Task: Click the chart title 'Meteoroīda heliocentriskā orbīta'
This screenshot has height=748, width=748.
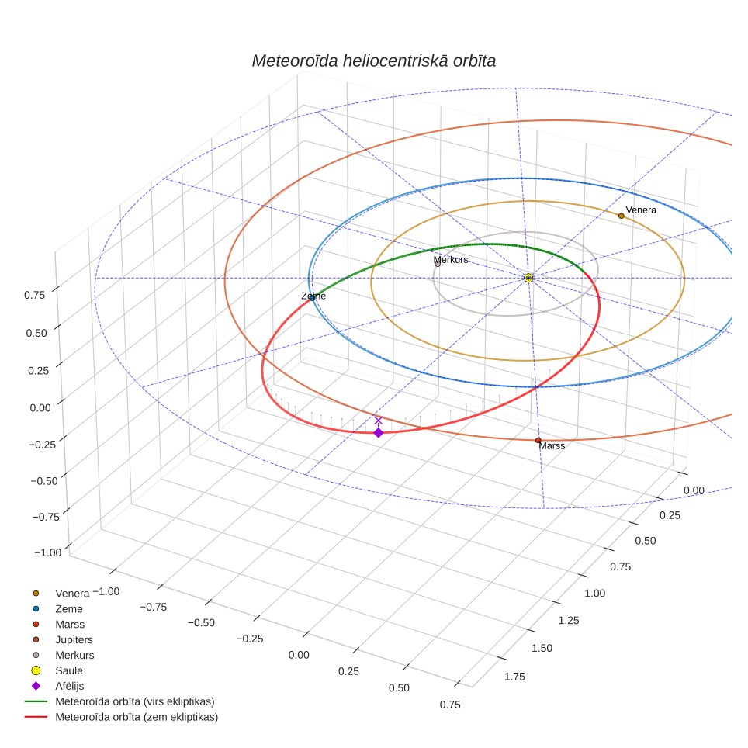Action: (x=373, y=61)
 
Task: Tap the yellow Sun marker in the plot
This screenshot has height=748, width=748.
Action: (x=528, y=278)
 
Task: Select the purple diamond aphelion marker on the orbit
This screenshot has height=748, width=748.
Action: (x=379, y=433)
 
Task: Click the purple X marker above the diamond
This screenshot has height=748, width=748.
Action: (x=379, y=421)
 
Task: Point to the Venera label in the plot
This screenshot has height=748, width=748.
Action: (x=641, y=210)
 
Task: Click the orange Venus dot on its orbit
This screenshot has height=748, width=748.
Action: (x=621, y=216)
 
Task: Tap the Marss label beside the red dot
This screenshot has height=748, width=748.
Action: (x=552, y=446)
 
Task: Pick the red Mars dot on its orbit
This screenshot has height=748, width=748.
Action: (x=538, y=440)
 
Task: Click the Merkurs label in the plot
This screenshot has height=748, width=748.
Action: (x=451, y=259)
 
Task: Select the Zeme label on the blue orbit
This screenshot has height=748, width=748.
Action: (x=313, y=296)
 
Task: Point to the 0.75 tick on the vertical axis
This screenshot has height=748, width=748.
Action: (x=34, y=295)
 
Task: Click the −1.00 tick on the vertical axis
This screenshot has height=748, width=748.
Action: (x=47, y=552)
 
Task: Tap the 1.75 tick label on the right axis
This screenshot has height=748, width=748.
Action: (x=514, y=677)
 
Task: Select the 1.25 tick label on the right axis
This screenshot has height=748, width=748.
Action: (x=569, y=620)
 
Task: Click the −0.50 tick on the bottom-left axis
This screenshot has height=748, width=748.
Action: (x=201, y=622)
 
